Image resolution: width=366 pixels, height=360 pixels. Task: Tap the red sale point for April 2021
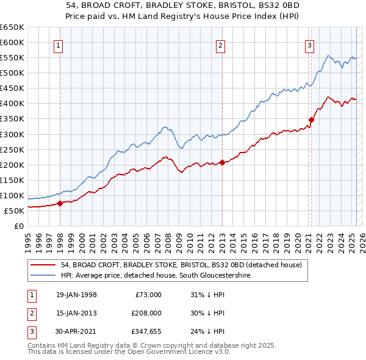pyautogui.click(x=311, y=120)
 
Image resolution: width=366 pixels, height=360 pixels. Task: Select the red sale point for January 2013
pyautogui.click(x=222, y=162)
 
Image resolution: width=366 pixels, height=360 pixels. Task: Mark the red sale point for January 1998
pyautogui.click(x=60, y=203)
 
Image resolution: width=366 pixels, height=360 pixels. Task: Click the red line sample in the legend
pyautogui.click(x=44, y=265)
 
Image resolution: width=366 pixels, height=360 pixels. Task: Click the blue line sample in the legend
pyautogui.click(x=44, y=276)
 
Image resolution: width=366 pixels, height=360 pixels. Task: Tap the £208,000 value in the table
pyautogui.click(x=146, y=314)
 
